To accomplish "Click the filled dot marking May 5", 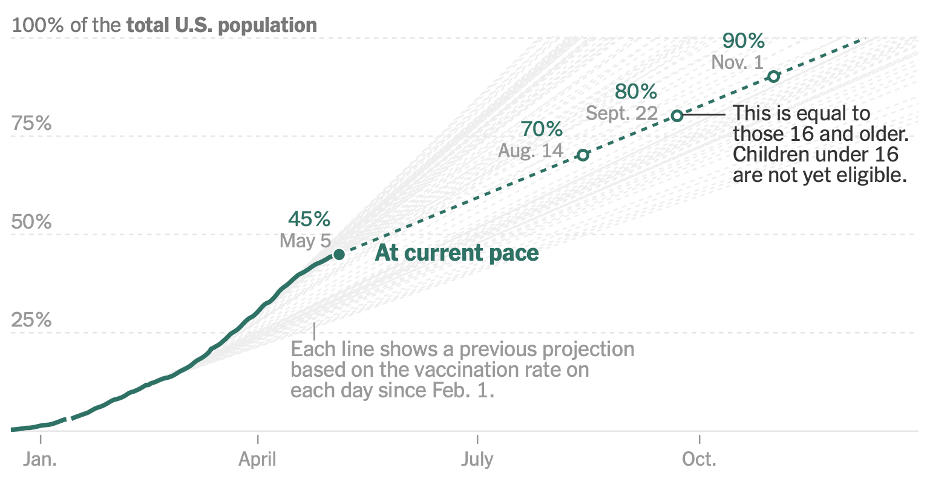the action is coord(339,255).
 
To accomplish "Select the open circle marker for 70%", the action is coord(583,155).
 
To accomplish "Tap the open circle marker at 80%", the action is coord(677,116).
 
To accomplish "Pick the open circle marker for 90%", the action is coord(774,77).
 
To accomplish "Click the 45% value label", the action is coord(309,219).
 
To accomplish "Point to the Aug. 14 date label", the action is coord(531,151).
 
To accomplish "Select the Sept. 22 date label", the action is coord(621,113).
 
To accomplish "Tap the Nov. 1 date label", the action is coord(737,62).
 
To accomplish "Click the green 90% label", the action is coord(744,41).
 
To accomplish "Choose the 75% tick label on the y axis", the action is coord(31,123).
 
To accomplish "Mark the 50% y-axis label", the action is coord(31,222).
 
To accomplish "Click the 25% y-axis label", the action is coord(31,320).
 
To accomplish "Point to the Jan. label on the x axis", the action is coord(40,459).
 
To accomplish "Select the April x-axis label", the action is coord(257,460).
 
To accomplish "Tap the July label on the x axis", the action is coord(477,460).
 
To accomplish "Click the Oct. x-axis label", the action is coord(699,459).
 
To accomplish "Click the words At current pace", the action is coord(457,253).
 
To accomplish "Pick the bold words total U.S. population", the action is coord(222,25).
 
